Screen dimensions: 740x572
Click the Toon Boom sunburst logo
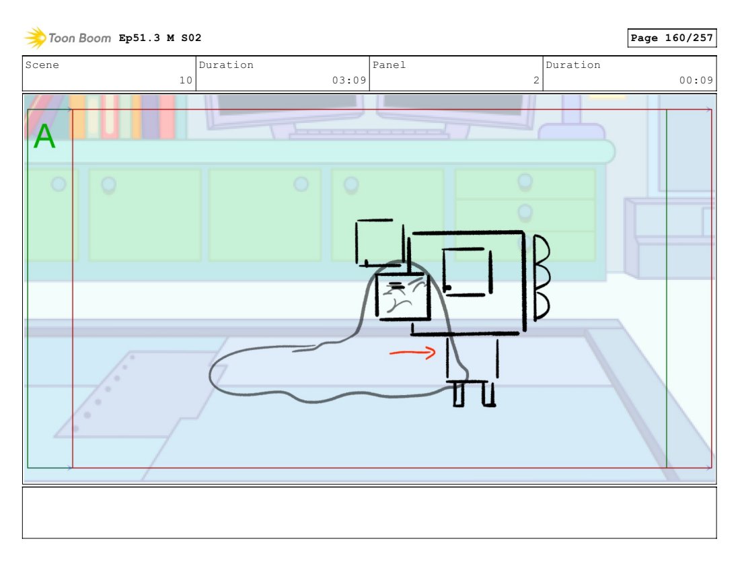(x=36, y=38)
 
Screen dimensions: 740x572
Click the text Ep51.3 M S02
(x=160, y=38)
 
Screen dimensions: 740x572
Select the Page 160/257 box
(x=672, y=38)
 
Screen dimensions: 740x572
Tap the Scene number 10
(x=186, y=80)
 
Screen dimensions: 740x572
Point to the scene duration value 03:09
(x=349, y=80)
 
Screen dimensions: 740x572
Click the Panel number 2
(x=536, y=80)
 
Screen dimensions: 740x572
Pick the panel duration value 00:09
(x=696, y=80)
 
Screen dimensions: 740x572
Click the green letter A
(x=44, y=136)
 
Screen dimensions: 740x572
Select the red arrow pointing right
(x=412, y=352)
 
